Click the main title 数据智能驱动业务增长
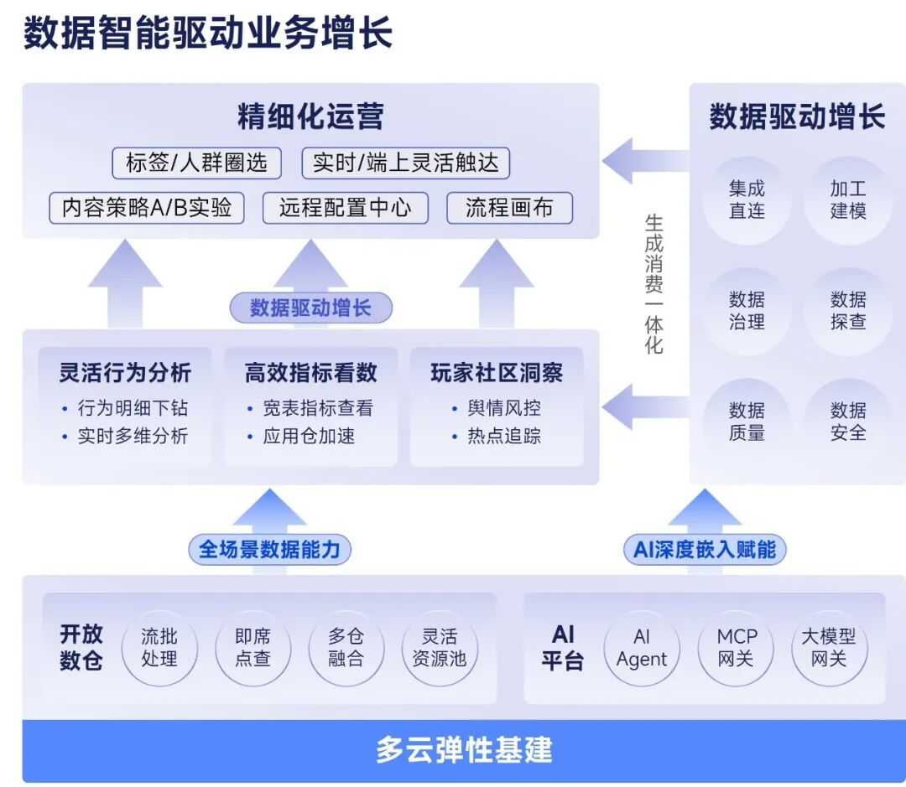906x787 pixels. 207,35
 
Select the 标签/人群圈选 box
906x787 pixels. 196,163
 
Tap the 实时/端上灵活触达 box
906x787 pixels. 406,163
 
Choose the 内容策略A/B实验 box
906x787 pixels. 147,208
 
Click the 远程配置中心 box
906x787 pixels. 346,208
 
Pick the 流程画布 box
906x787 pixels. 509,208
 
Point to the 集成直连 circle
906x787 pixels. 747,200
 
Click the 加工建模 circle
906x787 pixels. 848,200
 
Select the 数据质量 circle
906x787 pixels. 747,422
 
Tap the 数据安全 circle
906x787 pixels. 848,422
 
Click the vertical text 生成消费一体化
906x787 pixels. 654,283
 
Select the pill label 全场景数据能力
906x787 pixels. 269,550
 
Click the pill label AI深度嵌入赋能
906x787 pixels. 705,550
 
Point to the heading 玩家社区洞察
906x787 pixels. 497,373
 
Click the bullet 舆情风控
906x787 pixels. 504,408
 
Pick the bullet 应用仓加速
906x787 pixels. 309,436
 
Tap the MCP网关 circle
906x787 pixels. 737,648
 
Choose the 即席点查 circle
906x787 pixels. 253,648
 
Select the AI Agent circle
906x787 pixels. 642,648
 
